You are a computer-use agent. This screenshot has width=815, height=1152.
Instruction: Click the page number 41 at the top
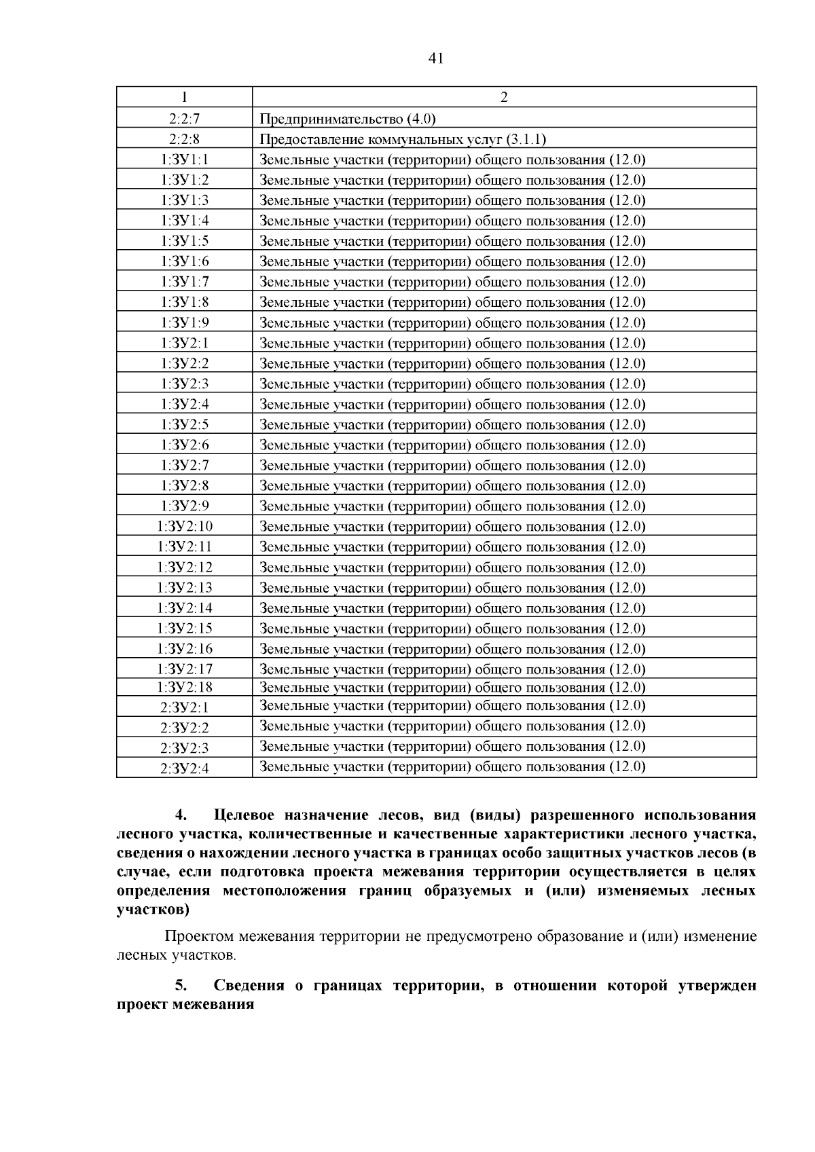pos(436,59)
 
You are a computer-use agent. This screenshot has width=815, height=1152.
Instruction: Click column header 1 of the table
pos(184,98)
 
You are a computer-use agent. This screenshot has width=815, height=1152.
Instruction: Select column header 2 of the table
pos(504,98)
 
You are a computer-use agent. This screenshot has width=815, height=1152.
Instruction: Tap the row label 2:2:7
pos(184,119)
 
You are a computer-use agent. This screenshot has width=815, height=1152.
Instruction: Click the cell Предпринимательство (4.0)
pos(347,119)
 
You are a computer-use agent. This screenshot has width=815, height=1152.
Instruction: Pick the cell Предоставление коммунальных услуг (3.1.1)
pos(403,140)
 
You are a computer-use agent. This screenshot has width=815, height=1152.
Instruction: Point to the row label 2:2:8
pos(184,139)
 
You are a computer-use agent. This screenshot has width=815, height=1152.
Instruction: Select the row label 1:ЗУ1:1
pos(184,160)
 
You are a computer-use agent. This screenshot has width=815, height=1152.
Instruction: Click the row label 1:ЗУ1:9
pos(184,322)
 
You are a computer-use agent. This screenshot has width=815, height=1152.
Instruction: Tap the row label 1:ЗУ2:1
pos(184,343)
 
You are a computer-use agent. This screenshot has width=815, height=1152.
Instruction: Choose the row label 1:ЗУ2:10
pos(184,526)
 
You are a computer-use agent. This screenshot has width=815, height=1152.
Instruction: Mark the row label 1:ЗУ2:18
pos(184,687)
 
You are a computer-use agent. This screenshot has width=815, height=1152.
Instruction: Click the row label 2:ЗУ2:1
pos(184,707)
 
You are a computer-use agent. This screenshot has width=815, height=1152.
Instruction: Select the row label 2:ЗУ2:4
pos(184,768)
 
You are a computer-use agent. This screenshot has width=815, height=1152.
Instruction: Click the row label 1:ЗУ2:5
pos(184,424)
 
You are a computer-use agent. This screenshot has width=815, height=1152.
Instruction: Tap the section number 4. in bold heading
pos(181,815)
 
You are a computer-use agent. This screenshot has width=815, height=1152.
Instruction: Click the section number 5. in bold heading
pos(181,985)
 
